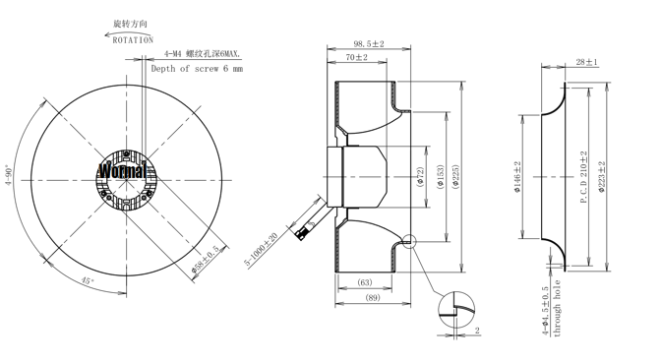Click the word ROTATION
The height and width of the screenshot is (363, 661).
133,40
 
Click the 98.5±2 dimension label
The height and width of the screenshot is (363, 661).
369,44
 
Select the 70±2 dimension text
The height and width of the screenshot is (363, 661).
357,57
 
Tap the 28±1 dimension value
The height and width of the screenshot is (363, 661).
587,62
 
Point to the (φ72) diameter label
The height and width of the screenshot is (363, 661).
420,177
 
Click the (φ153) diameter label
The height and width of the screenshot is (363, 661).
441,177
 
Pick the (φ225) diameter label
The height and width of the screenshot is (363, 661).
455,177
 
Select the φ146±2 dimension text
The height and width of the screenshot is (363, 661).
517,177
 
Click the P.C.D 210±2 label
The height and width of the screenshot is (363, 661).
584,177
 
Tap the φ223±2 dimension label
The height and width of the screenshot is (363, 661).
602,177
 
